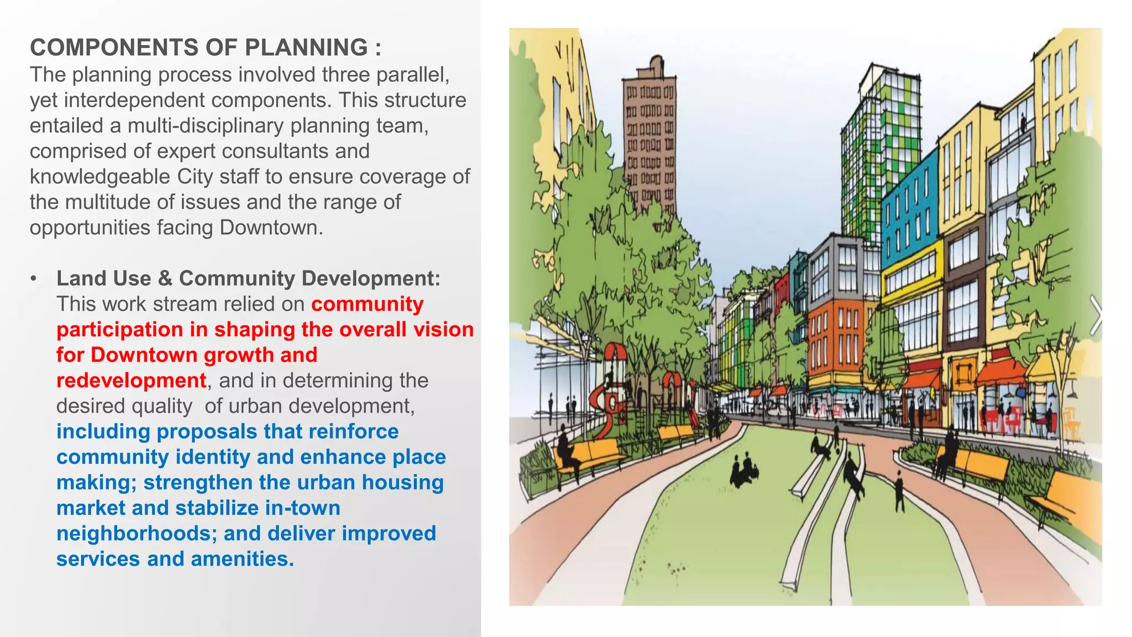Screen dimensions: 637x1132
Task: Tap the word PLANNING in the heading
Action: click(x=306, y=48)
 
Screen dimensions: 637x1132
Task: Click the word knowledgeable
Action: click(x=100, y=176)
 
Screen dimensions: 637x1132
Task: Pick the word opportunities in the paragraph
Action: click(x=90, y=227)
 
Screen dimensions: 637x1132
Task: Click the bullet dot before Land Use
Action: click(x=34, y=278)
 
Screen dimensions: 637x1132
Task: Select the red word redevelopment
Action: click(x=132, y=380)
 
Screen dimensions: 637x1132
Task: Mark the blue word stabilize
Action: click(x=217, y=508)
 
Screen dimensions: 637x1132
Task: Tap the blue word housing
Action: click(x=402, y=482)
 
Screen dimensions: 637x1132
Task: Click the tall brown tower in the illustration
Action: click(x=649, y=138)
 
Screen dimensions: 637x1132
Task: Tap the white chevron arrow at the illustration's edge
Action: click(x=1094, y=315)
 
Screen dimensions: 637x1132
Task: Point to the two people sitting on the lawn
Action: click(x=743, y=470)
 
